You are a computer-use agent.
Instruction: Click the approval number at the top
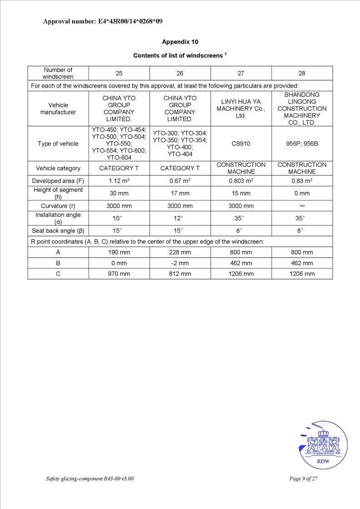click(103, 21)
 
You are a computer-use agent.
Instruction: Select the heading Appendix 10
click(180, 42)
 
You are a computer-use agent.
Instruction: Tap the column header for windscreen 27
click(241, 73)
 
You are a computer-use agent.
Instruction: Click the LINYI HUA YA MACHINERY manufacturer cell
click(241, 108)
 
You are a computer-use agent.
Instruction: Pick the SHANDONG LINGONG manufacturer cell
click(302, 108)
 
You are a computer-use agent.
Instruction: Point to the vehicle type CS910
click(241, 144)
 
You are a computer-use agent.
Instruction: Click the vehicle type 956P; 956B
click(302, 144)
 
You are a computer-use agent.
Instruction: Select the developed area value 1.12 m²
click(119, 181)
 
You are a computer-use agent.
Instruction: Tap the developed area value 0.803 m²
click(241, 181)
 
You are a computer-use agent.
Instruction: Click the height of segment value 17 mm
click(180, 193)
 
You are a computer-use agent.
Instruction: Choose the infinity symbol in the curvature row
click(302, 206)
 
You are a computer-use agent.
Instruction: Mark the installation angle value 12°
click(180, 218)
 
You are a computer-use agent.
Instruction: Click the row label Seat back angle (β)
click(58, 230)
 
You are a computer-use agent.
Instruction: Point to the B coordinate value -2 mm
click(180, 263)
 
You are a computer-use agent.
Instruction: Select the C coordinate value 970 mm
click(119, 274)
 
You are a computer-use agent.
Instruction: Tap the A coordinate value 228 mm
click(180, 252)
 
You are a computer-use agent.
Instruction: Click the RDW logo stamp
click(323, 445)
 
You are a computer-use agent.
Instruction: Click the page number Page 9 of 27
click(303, 479)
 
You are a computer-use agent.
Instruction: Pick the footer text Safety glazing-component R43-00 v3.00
click(90, 479)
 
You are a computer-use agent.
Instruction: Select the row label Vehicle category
click(58, 168)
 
